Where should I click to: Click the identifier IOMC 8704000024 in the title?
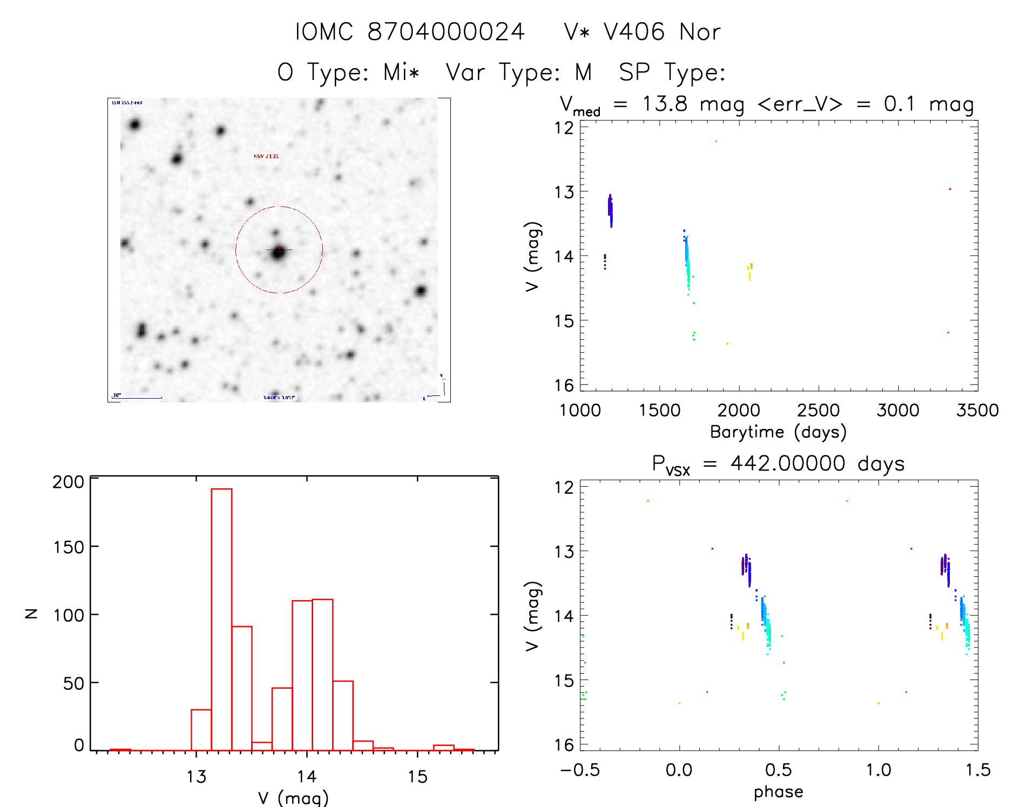click(x=410, y=32)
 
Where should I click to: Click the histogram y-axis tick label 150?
click(x=69, y=547)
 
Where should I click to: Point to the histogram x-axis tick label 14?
click(x=307, y=776)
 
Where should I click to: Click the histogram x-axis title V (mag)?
click(x=293, y=798)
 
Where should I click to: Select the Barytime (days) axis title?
click(x=778, y=432)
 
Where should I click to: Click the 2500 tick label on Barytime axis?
click(x=818, y=411)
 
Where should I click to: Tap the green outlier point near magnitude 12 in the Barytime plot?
click(x=716, y=142)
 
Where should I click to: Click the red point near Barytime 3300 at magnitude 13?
click(x=950, y=189)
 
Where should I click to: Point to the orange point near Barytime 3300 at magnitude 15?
click(x=948, y=332)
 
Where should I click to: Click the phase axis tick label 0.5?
click(x=779, y=770)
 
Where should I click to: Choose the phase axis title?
click(x=778, y=792)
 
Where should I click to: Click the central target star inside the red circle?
click(x=278, y=251)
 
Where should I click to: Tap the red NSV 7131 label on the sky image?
click(x=266, y=156)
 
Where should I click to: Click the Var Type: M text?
click(x=519, y=72)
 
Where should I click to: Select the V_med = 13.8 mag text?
click(x=652, y=104)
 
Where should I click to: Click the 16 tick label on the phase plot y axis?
click(x=564, y=745)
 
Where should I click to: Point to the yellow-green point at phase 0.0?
click(x=679, y=703)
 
